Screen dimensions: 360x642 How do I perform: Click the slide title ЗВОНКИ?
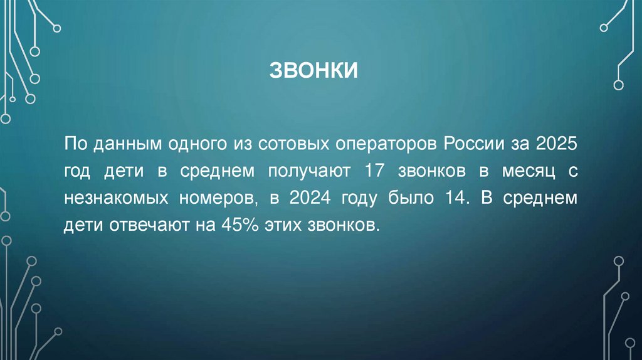313,70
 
